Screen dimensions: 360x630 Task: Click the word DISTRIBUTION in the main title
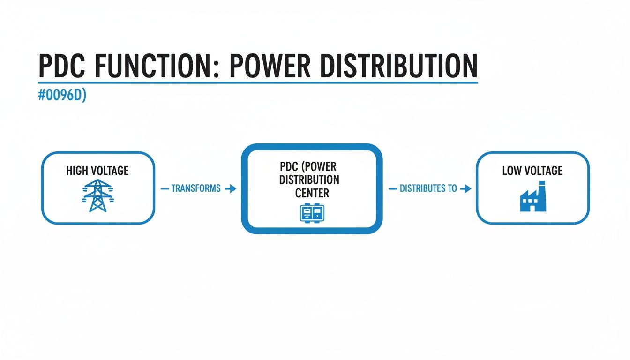coord(398,66)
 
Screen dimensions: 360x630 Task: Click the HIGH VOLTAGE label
coord(97,171)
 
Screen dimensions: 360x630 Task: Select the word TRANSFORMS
coord(196,188)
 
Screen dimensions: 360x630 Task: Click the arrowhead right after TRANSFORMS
coord(232,188)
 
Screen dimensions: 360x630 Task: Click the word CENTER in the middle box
coord(312,192)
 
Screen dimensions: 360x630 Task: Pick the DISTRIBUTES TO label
coord(428,188)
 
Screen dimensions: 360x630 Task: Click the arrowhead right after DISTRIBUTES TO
coord(466,188)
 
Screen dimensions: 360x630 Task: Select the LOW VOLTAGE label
coord(532,171)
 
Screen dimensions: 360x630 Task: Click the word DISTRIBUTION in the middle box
coord(309,180)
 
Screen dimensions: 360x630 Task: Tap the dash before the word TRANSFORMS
coord(165,188)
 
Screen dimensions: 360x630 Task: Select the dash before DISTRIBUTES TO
coord(393,188)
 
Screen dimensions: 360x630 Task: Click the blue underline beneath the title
coord(258,82)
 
